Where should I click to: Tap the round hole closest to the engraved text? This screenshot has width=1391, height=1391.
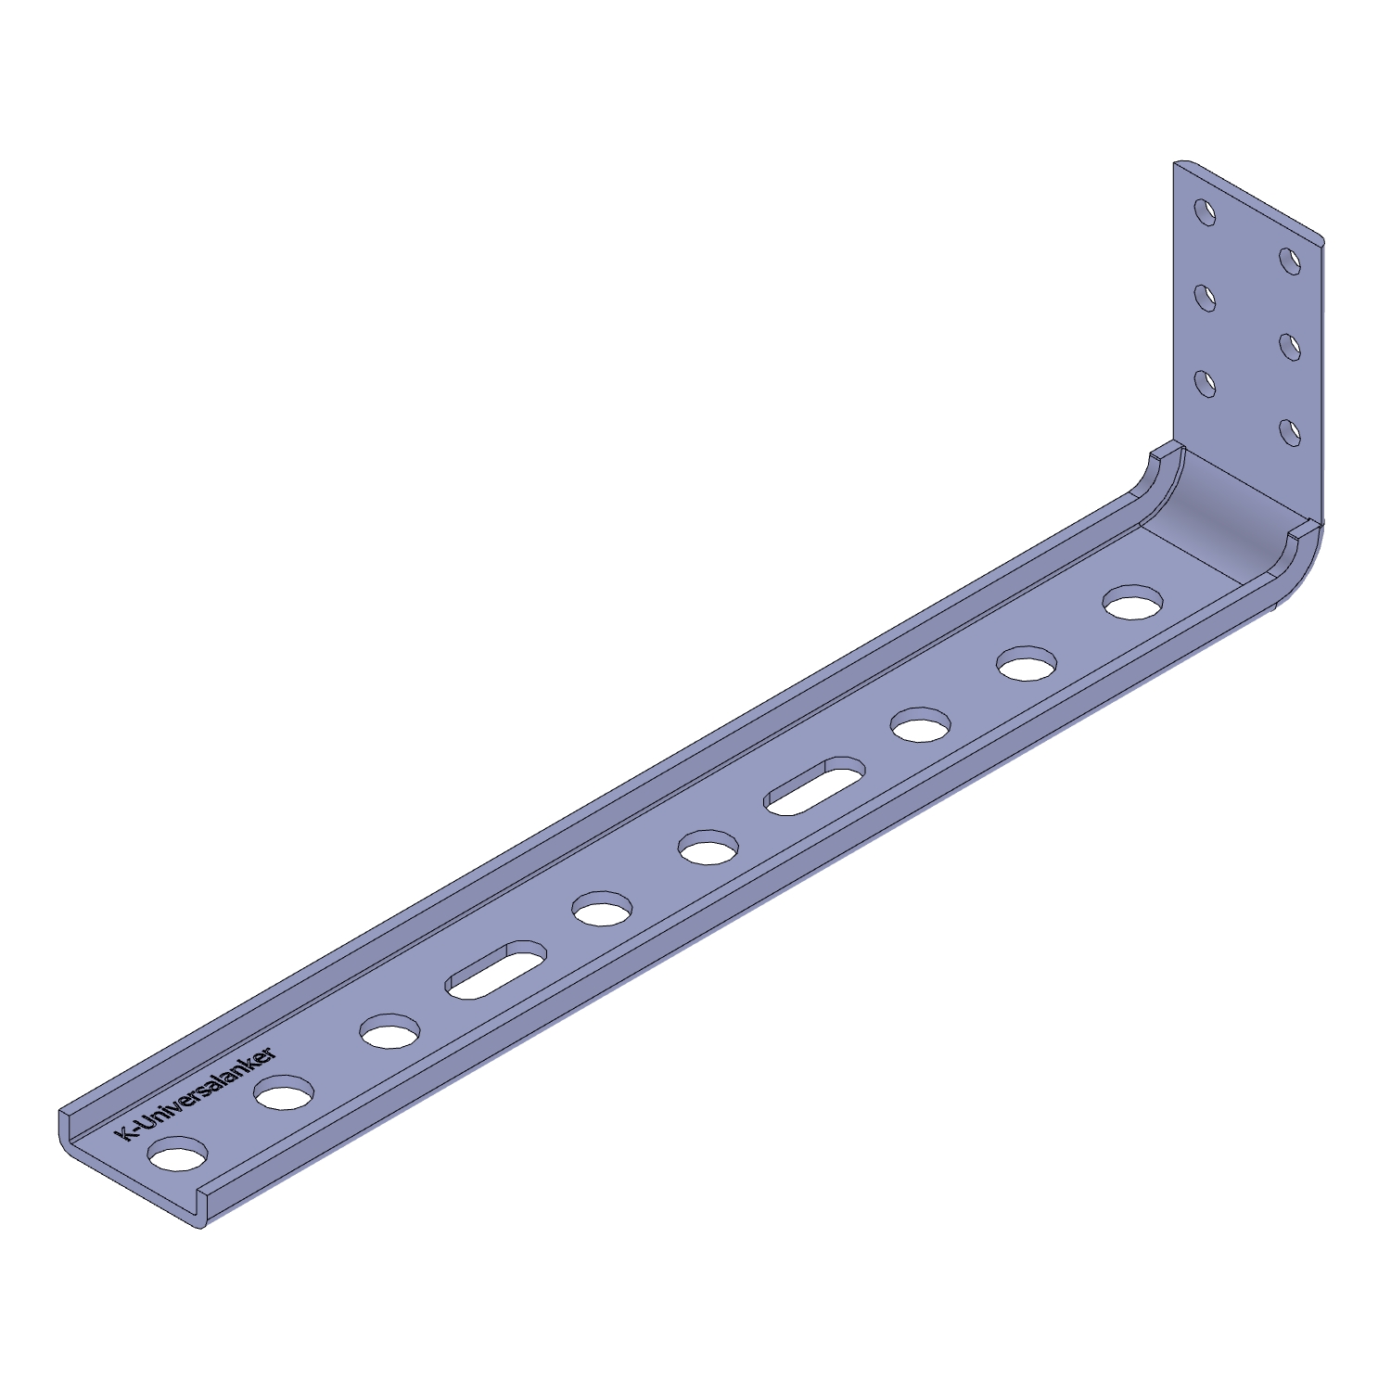tap(178, 1155)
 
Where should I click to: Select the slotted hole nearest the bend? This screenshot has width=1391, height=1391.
tap(815, 786)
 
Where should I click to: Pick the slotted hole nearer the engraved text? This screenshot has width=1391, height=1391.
tap(496, 970)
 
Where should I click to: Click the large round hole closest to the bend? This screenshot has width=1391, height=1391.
tap(1133, 603)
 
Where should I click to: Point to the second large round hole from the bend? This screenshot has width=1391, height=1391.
tap(1027, 664)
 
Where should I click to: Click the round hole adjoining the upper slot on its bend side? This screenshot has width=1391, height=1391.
tap(921, 725)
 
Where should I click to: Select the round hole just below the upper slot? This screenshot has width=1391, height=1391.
tap(708, 848)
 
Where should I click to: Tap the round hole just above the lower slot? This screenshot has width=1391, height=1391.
tap(603, 909)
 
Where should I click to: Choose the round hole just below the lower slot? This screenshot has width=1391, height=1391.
tap(389, 1032)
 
